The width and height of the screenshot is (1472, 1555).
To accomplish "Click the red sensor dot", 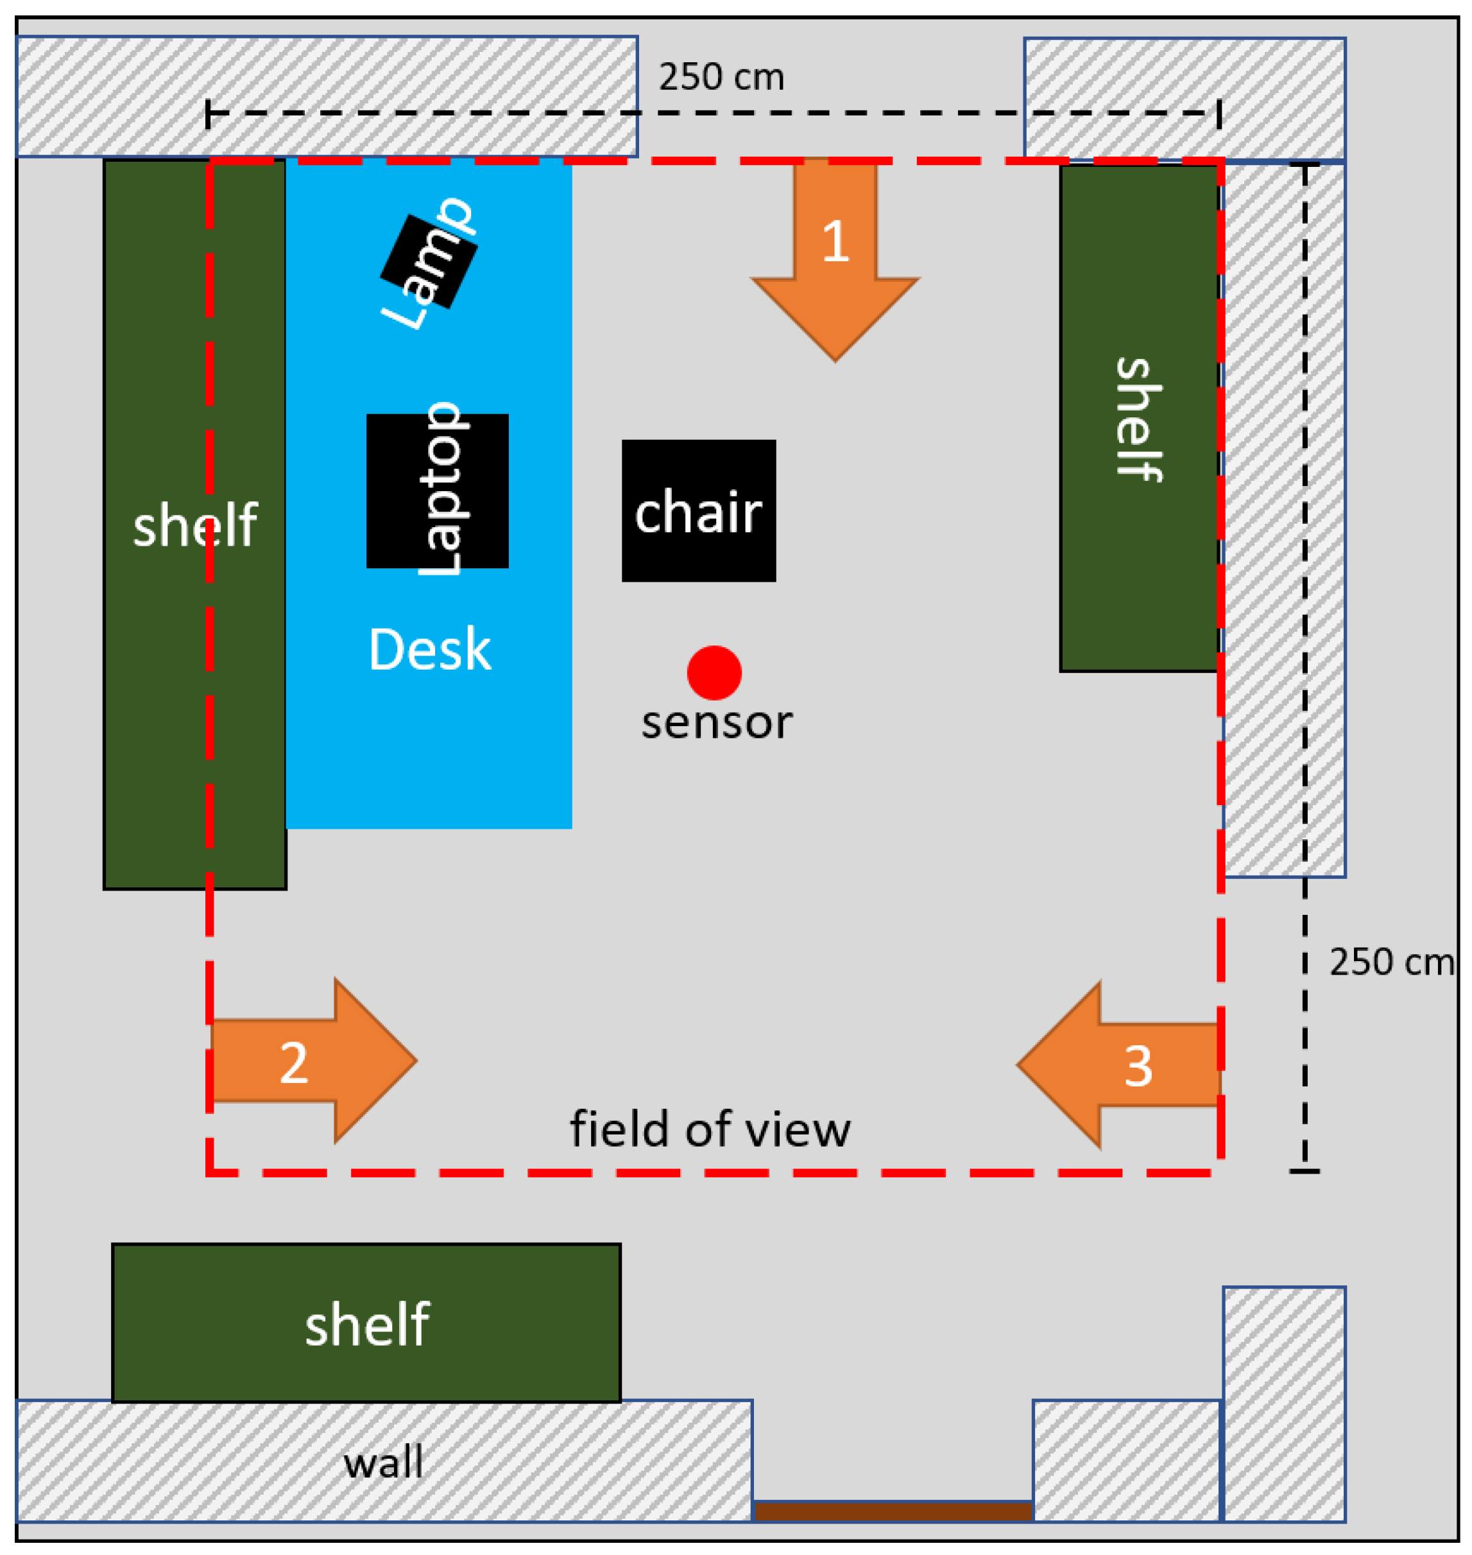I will tap(714, 673).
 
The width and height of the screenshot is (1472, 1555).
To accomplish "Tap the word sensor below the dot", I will tap(716, 722).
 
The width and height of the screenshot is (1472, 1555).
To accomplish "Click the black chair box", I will tap(698, 510).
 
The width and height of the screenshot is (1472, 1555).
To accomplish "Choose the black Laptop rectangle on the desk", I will tap(437, 491).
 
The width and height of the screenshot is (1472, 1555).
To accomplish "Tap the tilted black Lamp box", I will tap(429, 262).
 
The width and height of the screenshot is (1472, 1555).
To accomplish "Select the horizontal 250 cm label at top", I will tap(721, 78).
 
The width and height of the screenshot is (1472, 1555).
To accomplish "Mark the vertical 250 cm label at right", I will tap(1390, 962).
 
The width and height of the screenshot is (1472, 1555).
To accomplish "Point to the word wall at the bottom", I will tap(383, 1462).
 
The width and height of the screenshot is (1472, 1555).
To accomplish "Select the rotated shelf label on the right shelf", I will tap(1138, 419).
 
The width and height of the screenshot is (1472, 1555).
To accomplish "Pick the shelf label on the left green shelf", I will tap(194, 525).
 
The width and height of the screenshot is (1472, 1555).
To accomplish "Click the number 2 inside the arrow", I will tap(293, 1064).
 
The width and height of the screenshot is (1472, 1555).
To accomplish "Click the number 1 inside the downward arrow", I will tap(835, 241).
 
